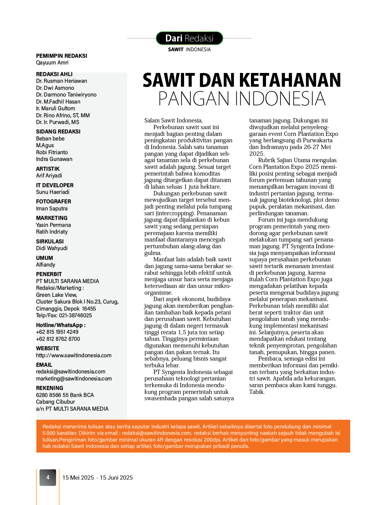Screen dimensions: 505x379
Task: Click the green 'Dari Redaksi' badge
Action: coord(189,38)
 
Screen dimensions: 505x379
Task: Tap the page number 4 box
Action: coord(48,478)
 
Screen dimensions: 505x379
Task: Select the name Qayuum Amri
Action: coord(52,63)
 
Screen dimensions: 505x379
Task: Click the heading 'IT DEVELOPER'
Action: coord(55,185)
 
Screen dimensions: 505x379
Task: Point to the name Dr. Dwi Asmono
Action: coord(55,88)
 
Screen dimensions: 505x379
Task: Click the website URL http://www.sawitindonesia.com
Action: coord(74,355)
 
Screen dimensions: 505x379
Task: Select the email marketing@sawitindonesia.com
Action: coord(74,379)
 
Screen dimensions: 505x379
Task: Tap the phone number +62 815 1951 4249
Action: coord(57,332)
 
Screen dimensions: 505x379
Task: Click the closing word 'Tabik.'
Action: coord(257,392)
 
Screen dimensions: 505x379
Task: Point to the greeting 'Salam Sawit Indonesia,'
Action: coord(173,121)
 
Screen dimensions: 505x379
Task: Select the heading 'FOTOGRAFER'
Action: coord(53,202)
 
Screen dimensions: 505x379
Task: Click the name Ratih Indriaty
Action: coord(52,232)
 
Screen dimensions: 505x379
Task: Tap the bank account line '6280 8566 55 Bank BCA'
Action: coord(65,395)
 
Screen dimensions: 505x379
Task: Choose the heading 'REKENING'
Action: coord(50,388)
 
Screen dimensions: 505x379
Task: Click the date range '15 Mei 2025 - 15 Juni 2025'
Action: coord(98,478)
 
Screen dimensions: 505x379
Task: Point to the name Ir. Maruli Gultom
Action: coord(55,108)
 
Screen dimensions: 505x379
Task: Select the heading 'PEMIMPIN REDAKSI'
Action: coord(61,56)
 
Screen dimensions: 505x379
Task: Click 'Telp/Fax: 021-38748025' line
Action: coord(64,315)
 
